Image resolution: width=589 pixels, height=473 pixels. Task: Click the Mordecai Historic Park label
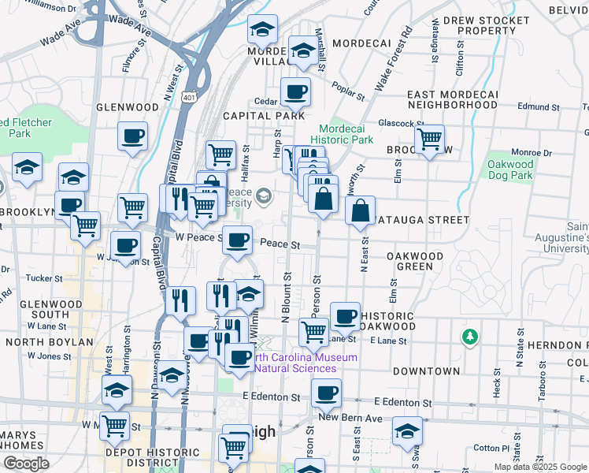(x=346, y=134)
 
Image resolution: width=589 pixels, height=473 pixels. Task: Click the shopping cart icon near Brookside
(x=429, y=140)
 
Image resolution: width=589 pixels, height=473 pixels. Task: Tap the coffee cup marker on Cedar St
(x=296, y=92)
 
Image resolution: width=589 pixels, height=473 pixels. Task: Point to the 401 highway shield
(x=188, y=97)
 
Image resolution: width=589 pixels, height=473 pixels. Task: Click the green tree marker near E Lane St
(x=470, y=337)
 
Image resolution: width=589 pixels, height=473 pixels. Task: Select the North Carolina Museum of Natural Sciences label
(x=306, y=363)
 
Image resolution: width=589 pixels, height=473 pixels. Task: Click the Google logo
(x=25, y=464)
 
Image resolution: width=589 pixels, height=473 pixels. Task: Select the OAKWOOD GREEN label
(x=414, y=261)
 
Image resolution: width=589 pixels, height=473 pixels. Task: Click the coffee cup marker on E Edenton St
(x=326, y=393)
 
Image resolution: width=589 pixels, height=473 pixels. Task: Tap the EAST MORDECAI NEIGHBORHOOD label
(x=452, y=99)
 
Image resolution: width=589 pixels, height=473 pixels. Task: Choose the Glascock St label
(x=401, y=123)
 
